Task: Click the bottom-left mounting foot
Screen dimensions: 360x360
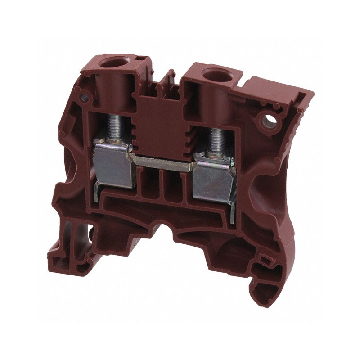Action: pos(63,252)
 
